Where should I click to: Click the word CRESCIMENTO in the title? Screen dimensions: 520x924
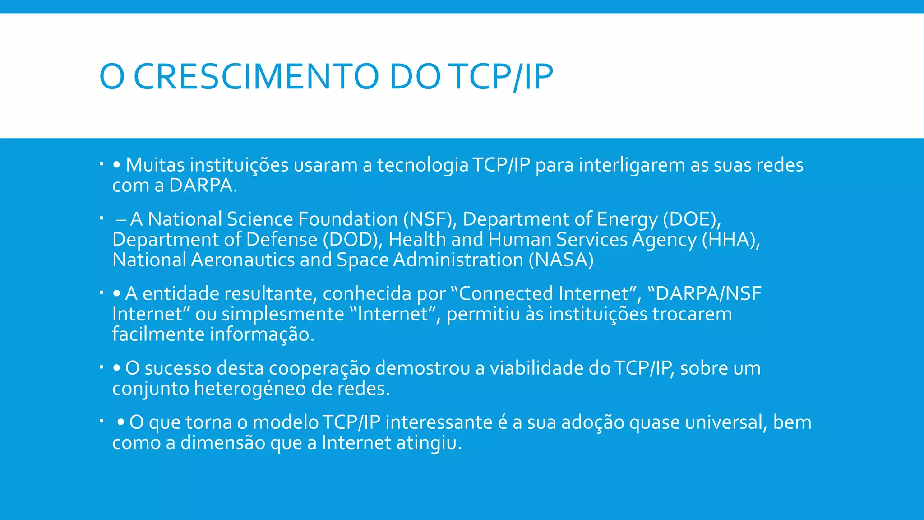coord(256,77)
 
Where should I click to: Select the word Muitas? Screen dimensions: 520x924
coord(155,165)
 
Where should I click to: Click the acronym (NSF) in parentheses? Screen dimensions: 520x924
coord(428,219)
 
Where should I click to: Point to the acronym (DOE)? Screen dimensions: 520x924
coord(692,219)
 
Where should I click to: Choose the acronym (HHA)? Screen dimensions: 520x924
coord(731,240)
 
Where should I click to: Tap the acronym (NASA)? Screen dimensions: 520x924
coord(561,260)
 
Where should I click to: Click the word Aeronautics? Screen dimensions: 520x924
coord(242,260)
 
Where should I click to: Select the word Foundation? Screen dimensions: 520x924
coord(348,219)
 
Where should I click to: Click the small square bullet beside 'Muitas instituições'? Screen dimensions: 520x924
coord(102,163)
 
